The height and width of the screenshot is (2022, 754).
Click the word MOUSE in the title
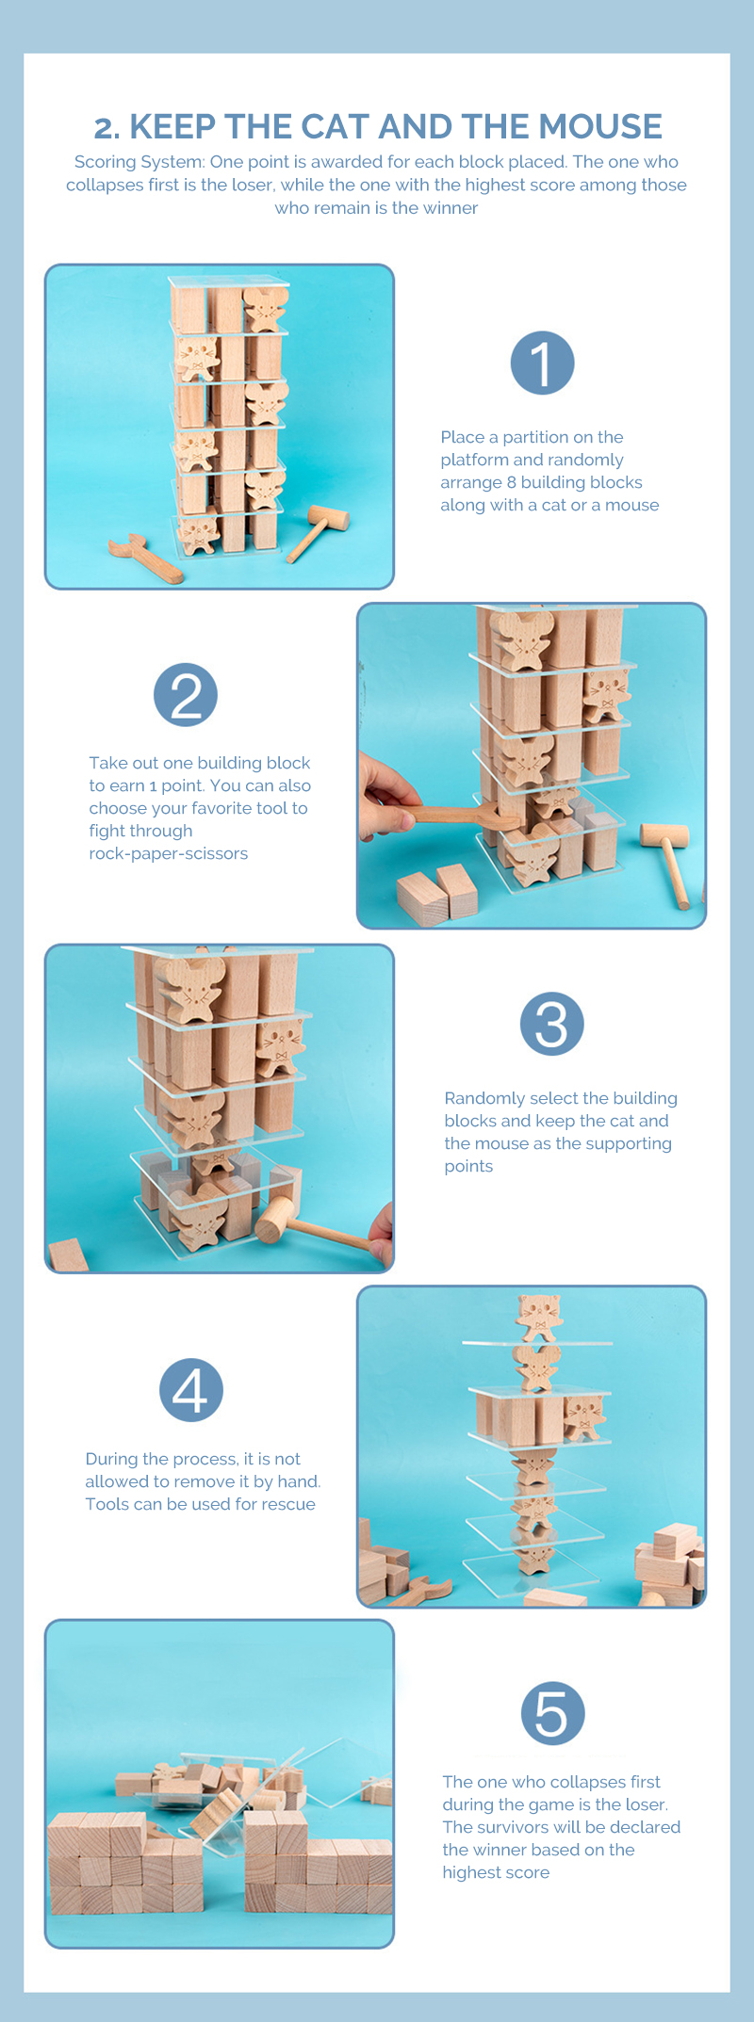tap(599, 126)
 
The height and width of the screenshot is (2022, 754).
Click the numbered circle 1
tap(543, 363)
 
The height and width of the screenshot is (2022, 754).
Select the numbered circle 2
tap(186, 695)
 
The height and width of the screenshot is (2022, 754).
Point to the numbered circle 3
tap(552, 1024)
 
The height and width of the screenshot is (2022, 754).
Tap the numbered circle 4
tap(191, 1390)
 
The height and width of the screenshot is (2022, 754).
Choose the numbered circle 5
tap(553, 1713)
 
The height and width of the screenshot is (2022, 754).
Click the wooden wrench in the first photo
tap(144, 558)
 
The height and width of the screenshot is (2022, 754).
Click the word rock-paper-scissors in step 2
tap(169, 853)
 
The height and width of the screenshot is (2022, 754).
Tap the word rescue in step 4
tap(287, 1504)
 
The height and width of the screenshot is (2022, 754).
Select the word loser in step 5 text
tap(642, 1804)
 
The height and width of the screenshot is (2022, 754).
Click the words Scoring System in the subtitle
tap(139, 162)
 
